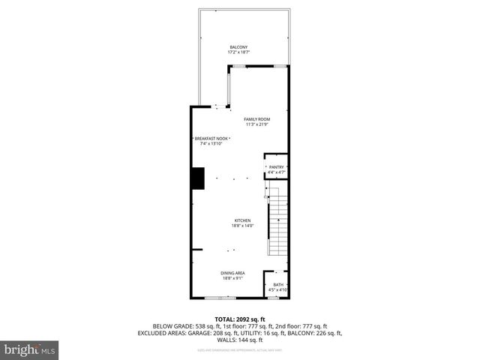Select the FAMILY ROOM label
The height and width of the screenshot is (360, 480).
[257, 119]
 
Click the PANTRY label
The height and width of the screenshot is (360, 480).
[276, 167]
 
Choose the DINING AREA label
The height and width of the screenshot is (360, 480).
[232, 273]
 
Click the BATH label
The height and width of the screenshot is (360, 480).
[277, 284]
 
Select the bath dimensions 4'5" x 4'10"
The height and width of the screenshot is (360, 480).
[277, 289]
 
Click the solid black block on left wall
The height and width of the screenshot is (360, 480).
[197, 179]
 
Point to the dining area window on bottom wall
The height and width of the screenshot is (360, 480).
[220, 298]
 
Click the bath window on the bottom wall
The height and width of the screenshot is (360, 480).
[274, 298]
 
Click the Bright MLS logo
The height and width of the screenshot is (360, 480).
[30, 349]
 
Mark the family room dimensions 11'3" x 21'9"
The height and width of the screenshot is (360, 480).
[257, 125]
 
